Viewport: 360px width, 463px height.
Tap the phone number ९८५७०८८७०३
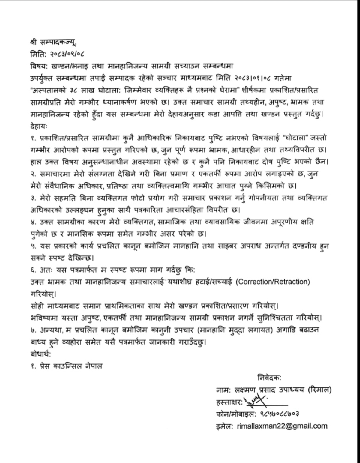[x=279, y=414]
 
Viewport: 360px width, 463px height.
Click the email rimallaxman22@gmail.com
[x=282, y=426]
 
